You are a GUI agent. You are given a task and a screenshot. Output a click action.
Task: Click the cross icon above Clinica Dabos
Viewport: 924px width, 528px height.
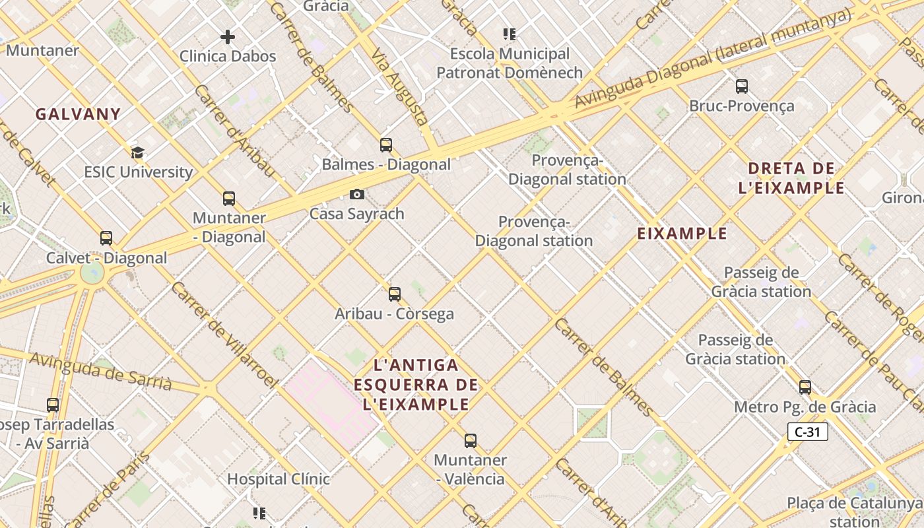[228, 37]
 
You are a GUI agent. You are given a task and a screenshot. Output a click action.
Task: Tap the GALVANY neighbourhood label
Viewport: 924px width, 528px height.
[78, 114]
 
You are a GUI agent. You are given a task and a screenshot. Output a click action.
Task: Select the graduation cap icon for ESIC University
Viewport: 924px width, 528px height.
[137, 153]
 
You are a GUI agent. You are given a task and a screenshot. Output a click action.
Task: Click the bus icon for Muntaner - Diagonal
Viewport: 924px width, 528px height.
[229, 198]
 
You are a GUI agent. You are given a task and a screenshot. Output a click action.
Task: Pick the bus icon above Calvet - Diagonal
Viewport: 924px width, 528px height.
[106, 238]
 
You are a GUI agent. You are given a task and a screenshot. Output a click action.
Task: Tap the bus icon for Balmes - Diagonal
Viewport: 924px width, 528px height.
[386, 145]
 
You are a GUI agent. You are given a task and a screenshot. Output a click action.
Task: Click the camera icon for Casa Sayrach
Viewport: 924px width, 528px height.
[356, 194]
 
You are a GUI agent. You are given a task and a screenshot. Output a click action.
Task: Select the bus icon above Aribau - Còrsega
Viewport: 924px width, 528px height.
[395, 294]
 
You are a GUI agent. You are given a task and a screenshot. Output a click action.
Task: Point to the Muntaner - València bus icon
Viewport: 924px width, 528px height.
[471, 440]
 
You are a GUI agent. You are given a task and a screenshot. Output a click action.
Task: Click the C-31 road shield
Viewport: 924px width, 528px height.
[807, 432]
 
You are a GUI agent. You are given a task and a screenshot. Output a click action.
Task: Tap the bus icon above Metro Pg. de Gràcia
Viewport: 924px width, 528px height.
[805, 387]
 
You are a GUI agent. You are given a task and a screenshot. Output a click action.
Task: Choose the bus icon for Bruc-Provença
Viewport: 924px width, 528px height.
[742, 86]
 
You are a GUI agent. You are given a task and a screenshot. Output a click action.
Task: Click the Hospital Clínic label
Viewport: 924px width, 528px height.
[279, 478]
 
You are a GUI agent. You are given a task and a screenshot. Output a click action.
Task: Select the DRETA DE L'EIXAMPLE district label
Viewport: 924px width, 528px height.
[791, 178]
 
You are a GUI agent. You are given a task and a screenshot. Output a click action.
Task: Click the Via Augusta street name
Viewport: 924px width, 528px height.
[400, 86]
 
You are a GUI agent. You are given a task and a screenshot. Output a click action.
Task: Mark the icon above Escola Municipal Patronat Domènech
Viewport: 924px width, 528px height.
[509, 34]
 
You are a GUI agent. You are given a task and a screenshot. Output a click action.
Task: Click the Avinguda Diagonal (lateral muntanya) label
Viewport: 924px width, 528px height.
[713, 59]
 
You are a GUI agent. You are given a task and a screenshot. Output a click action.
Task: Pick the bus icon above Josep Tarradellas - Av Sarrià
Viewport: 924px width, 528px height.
[53, 405]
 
